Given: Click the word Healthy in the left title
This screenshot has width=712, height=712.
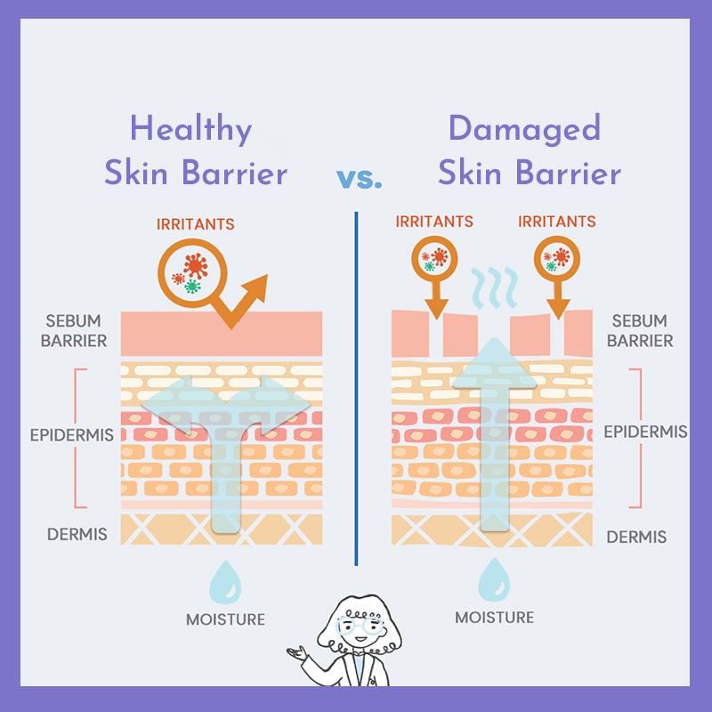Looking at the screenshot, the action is (x=191, y=129).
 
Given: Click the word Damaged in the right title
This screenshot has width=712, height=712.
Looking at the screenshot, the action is (x=524, y=129).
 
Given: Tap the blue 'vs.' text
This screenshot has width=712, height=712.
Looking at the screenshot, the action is (x=360, y=179).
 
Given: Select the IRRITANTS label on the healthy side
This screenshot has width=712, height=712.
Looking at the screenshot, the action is (x=196, y=224).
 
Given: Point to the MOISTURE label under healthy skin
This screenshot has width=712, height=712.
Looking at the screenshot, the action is (x=226, y=619).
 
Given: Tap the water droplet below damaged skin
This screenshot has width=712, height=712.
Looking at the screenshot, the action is (x=494, y=580).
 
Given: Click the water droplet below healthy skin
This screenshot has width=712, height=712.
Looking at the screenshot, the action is (x=225, y=582).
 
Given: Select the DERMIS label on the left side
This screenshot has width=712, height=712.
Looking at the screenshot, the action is (x=77, y=534).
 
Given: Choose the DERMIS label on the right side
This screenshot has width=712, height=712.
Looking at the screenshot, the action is (x=636, y=538).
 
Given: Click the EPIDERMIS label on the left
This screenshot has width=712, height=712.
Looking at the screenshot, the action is (x=72, y=435).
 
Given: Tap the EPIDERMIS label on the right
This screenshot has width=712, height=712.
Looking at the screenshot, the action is (x=646, y=432).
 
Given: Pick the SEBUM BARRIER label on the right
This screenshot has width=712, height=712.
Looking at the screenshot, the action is (x=640, y=330).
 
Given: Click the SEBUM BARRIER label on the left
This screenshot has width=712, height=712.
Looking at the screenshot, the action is (x=74, y=330).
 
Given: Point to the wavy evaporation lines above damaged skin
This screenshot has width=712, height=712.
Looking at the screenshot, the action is (x=495, y=287).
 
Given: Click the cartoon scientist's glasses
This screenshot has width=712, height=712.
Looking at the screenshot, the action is (x=360, y=625).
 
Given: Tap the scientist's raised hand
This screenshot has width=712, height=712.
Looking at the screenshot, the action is (x=297, y=653).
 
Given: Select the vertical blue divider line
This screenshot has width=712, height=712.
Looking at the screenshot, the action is (x=356, y=389).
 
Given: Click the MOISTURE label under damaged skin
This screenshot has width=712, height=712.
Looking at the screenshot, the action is (x=495, y=618).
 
